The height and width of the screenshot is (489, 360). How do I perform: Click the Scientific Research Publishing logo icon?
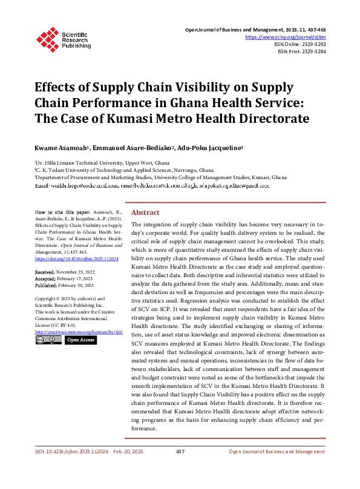(x=47, y=38)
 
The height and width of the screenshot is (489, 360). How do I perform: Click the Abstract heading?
(x=145, y=213)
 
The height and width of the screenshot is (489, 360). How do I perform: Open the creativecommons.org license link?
(x=79, y=332)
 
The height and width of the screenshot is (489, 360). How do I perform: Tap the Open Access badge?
(x=80, y=340)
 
